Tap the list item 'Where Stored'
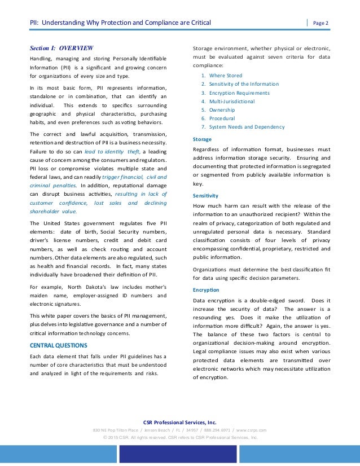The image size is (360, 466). click(226, 75)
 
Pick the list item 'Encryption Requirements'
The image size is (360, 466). click(239, 93)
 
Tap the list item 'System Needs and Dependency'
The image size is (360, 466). click(247, 128)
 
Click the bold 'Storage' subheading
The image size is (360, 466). click(202, 139)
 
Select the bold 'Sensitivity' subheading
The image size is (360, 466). click(205, 195)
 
